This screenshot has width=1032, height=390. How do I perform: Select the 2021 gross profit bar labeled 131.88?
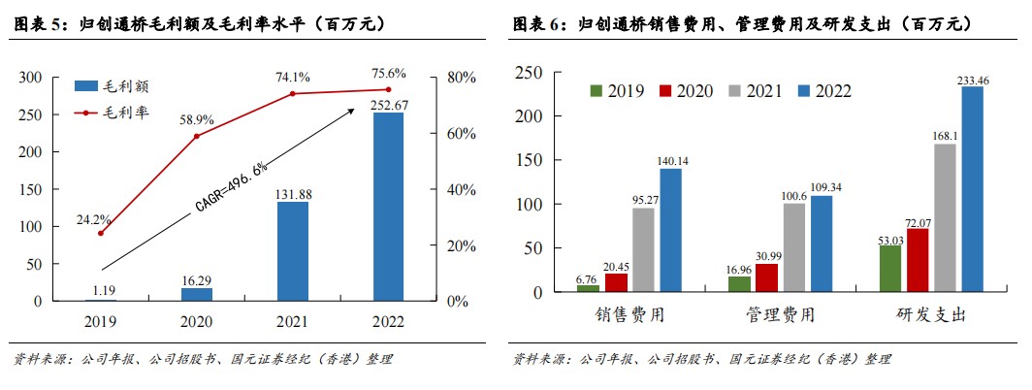(x=293, y=251)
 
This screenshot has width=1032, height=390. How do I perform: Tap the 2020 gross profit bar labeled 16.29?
(x=197, y=294)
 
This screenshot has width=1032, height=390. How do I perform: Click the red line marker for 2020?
(x=197, y=136)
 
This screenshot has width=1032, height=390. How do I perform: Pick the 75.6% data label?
(x=388, y=73)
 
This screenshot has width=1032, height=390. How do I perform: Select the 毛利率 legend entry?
(x=112, y=113)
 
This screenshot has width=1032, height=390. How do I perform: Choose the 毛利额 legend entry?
(x=112, y=86)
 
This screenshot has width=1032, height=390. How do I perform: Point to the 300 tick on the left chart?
(x=31, y=78)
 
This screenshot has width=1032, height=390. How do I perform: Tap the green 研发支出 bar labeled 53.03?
(x=889, y=268)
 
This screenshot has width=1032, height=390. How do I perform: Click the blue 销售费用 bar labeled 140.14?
(x=671, y=230)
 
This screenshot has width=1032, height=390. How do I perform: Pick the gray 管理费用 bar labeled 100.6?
(x=793, y=247)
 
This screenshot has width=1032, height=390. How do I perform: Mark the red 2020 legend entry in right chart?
(x=687, y=91)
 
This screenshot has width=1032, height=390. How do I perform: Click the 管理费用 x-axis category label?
(x=780, y=315)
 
